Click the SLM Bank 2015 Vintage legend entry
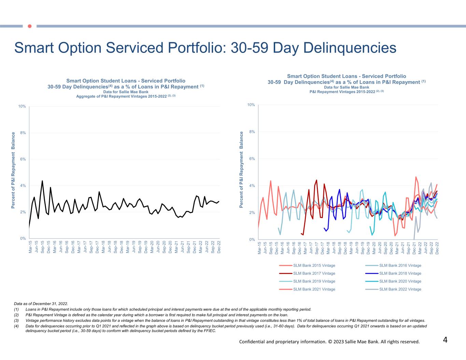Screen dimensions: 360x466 [x=314, y=265]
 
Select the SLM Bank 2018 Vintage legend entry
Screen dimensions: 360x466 [x=400, y=273]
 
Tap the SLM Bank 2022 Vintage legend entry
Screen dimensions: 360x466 [x=400, y=289]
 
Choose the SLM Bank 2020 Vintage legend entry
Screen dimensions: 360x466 [x=400, y=282]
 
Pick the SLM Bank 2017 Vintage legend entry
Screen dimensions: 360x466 [x=314, y=273]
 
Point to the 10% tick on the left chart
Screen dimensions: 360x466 [x=22, y=106]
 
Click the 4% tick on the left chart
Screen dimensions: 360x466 [x=23, y=186]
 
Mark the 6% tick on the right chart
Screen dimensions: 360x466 [x=252, y=159]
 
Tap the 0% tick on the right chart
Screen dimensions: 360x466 [x=252, y=240]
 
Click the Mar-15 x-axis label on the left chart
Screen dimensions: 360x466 [x=30, y=247]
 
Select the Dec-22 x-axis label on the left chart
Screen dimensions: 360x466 [x=219, y=247]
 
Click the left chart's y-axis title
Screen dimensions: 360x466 [x=13, y=170]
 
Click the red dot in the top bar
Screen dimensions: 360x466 [x=30, y=26]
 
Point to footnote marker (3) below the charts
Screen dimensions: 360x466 [x=16, y=320]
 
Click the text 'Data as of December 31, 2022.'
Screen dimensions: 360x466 [x=41, y=303]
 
